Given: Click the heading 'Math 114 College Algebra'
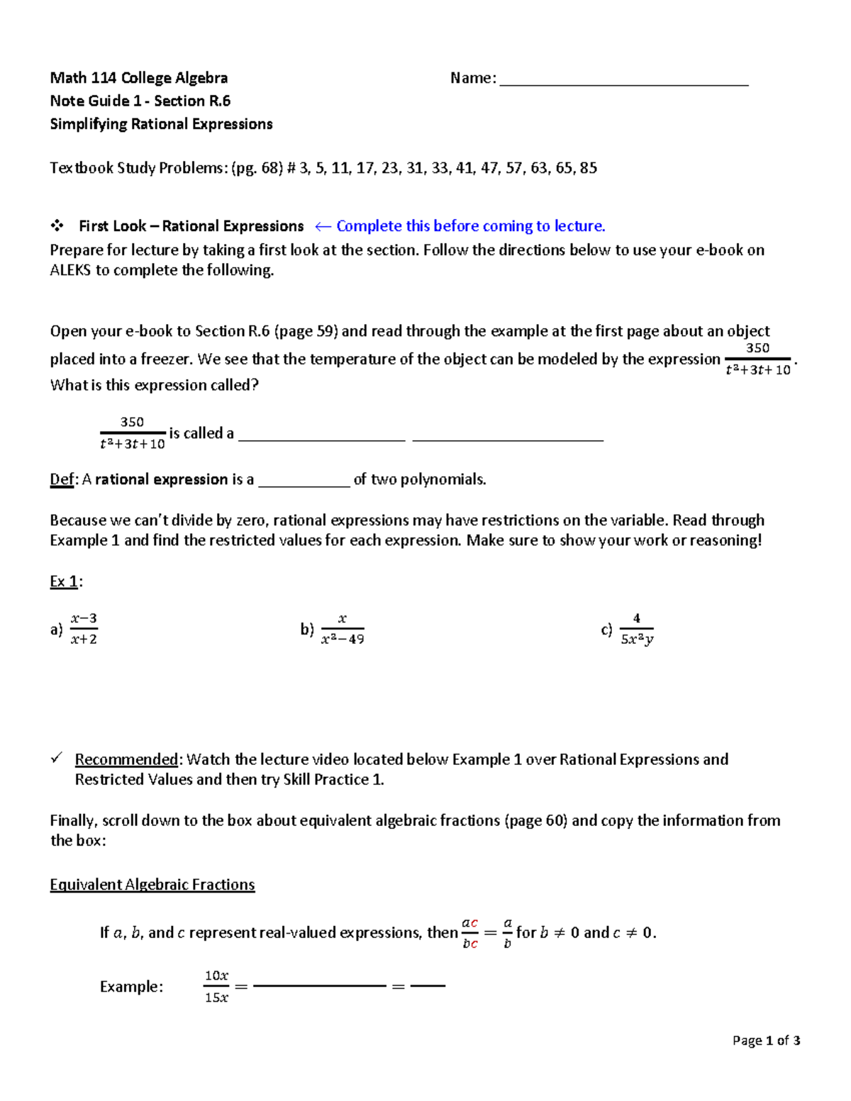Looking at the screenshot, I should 139,78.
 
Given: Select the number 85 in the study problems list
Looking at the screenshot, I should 588,168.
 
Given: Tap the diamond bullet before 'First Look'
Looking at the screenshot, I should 57,226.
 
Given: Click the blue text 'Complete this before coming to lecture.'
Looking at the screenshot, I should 470,226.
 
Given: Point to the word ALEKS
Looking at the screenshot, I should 70,270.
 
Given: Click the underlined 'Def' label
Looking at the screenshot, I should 62,480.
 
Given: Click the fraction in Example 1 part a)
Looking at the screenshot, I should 84,629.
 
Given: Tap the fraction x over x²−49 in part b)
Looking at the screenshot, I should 343,629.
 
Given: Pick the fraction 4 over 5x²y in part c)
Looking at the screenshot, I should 637,629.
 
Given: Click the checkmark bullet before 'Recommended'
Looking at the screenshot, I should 57,759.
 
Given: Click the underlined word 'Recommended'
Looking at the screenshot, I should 126,759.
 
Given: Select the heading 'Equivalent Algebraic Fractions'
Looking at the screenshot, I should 152,885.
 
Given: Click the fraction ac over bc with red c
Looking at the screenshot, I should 470,933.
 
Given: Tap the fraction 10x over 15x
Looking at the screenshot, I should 216,987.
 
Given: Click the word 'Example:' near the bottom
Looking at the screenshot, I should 131,987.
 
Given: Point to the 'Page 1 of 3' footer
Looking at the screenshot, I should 766,1041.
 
